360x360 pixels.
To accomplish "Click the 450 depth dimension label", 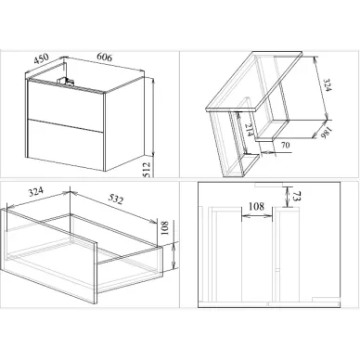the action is (x=41, y=58).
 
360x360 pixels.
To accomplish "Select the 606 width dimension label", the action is (x=105, y=58).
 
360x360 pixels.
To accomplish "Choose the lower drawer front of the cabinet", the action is (x=65, y=144).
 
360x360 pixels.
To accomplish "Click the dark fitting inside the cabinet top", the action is (x=66, y=81).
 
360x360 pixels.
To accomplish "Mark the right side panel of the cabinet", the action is (x=124, y=123).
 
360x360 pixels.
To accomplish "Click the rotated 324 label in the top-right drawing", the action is (x=327, y=85).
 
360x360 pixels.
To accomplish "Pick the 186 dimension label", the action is (x=327, y=133).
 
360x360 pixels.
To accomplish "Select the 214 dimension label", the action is (x=249, y=130).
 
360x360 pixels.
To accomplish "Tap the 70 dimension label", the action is (x=286, y=145).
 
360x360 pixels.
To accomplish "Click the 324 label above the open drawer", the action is (x=35, y=192).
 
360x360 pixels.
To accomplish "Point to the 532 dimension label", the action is (x=116, y=199).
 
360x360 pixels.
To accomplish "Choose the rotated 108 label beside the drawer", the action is (x=164, y=228).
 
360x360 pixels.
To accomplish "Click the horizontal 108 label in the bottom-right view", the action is (x=256, y=206).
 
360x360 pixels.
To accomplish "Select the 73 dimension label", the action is (x=296, y=197).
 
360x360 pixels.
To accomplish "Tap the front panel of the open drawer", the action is (x=49, y=256).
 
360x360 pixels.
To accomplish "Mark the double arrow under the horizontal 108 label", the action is (x=257, y=216).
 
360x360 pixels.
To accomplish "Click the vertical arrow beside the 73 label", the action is (x=288, y=197).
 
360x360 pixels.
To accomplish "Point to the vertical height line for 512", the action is (x=153, y=117).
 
